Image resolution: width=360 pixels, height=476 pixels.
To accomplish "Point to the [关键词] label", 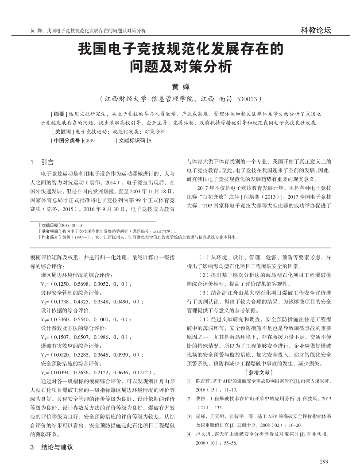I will (x=63, y=131).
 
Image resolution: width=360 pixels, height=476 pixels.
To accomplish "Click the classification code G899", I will (x=89, y=140).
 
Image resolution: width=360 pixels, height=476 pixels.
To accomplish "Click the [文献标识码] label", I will (x=132, y=140).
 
